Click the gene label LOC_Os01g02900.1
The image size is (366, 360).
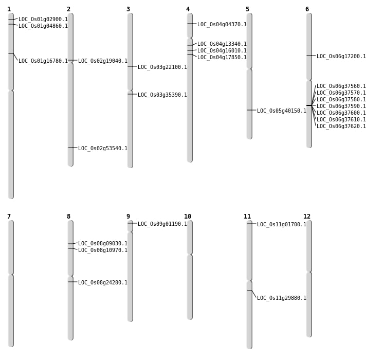(43, 20)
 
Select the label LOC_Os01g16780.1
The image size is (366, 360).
(43, 61)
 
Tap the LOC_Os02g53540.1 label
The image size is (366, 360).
(103, 149)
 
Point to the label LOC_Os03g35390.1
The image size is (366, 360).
(162, 95)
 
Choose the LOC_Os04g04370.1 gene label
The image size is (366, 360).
(222, 25)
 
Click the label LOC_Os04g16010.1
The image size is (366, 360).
(222, 51)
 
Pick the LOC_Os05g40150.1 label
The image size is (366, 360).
(282, 111)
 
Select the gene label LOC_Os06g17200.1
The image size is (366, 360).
(341, 57)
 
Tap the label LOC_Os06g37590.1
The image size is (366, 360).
(341, 106)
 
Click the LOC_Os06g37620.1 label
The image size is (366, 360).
(341, 127)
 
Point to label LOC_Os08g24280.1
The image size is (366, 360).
(103, 283)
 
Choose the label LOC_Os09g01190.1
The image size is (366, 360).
(162, 224)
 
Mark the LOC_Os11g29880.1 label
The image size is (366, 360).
(282, 298)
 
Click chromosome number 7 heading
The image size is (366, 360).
(9, 217)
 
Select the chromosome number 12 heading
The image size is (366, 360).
(307, 217)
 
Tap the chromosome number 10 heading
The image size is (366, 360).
(188, 217)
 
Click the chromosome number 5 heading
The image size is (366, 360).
(247, 9)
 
